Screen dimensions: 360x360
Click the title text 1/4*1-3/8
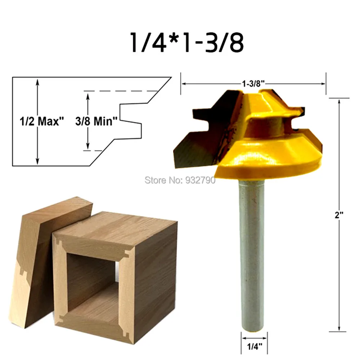187,42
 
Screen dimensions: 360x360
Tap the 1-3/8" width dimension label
253,83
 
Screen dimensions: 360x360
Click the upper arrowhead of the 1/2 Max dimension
37,81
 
